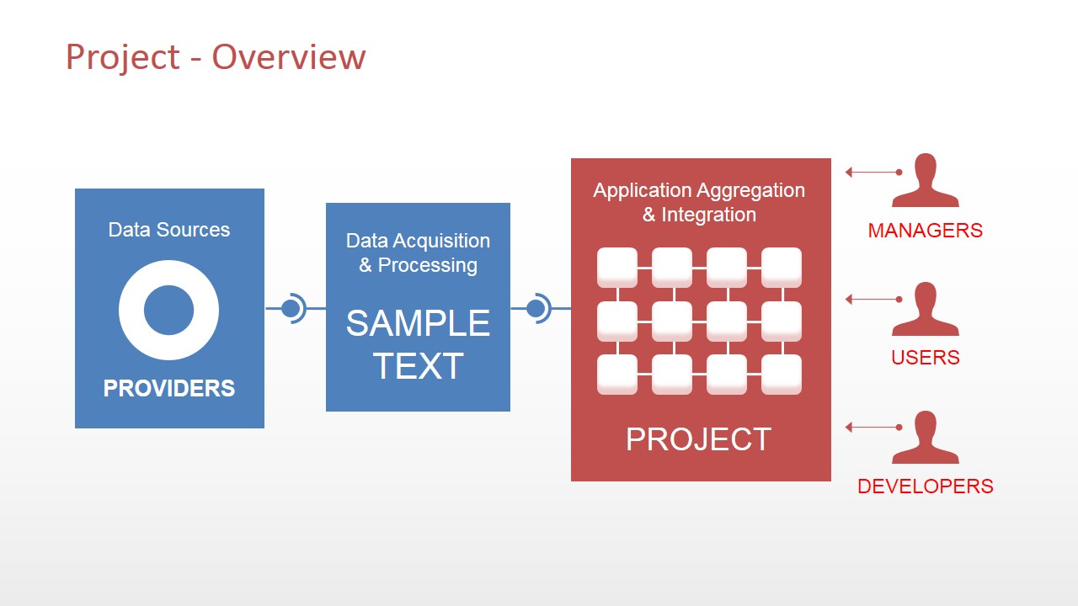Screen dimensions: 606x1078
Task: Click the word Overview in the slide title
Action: point(288,57)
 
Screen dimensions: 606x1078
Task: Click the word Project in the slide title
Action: point(123,57)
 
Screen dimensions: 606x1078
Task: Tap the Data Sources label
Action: point(169,230)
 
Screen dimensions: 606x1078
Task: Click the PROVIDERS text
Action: point(169,388)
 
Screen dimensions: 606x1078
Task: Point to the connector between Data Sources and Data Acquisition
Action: point(293,309)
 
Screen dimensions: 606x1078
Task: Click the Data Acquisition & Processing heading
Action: point(418,252)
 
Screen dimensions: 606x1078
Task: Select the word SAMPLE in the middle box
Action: point(418,323)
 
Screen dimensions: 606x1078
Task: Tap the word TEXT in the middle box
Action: point(418,366)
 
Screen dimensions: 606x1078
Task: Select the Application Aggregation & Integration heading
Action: point(699,202)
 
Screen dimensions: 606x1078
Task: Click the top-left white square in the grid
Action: point(617,267)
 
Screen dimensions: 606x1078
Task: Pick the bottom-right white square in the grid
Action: point(782,375)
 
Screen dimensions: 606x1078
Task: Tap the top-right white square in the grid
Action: point(782,267)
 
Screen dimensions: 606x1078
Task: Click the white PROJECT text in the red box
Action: point(699,439)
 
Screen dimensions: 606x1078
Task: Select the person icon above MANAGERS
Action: point(925,180)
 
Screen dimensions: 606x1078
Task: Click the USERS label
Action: point(925,358)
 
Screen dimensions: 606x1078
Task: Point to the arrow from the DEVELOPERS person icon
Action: point(873,428)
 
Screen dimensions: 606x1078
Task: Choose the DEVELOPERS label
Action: point(925,486)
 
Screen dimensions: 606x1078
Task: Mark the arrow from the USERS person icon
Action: point(873,300)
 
